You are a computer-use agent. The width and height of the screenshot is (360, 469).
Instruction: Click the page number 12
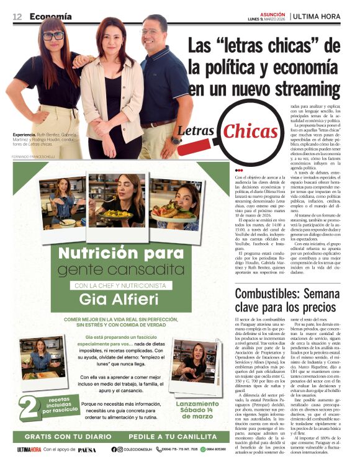click(17, 17)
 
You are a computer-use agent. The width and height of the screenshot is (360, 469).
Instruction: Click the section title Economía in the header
click(50, 17)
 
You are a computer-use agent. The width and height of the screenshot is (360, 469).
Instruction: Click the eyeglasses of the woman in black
click(53, 37)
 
